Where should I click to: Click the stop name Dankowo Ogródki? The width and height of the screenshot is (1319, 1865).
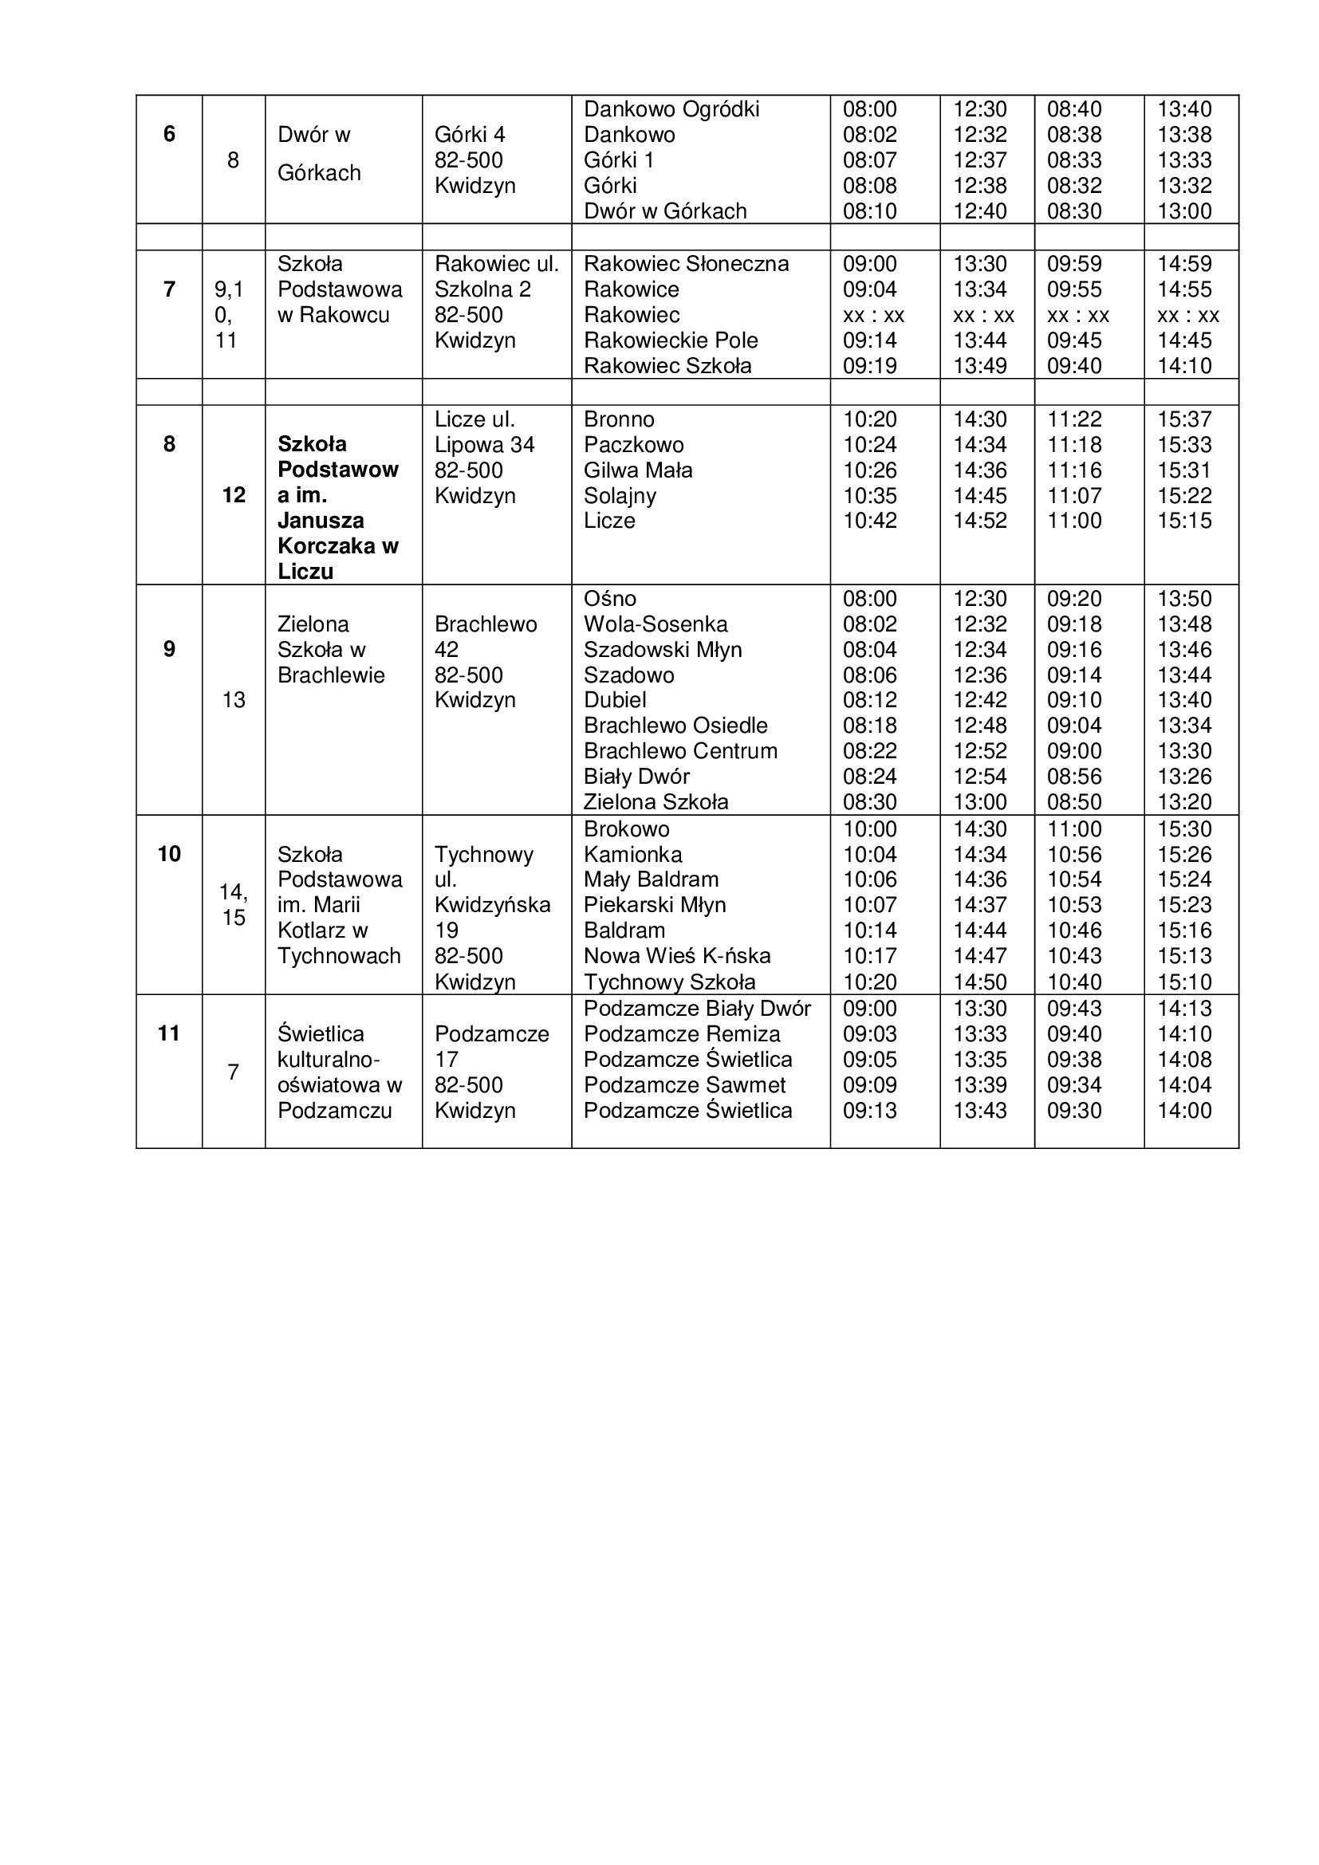tap(671, 110)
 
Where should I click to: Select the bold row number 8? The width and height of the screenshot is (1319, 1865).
tap(169, 444)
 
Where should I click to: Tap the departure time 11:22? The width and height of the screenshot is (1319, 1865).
tap(1073, 420)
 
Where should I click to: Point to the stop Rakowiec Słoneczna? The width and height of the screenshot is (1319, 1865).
tap(686, 264)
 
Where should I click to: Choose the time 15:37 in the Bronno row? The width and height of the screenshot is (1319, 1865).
tap(1184, 420)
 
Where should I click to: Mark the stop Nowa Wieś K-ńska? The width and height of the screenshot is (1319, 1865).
tap(676, 956)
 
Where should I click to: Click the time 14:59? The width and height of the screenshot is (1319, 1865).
tap(1184, 264)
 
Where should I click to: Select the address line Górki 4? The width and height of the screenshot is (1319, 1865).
tap(470, 135)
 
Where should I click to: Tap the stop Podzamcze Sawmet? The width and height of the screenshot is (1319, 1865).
tap(684, 1085)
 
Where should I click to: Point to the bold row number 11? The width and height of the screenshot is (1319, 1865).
tap(169, 1033)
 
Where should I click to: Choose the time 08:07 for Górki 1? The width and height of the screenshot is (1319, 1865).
tap(869, 160)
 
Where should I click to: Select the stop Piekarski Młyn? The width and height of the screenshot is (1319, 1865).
tap(655, 905)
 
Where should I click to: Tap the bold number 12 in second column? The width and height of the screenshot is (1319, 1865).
tap(234, 494)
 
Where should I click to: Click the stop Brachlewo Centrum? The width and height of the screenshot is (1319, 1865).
tap(679, 751)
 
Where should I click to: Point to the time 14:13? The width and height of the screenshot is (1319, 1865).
tap(1184, 1009)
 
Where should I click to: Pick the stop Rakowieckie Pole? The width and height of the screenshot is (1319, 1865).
tap(670, 340)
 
